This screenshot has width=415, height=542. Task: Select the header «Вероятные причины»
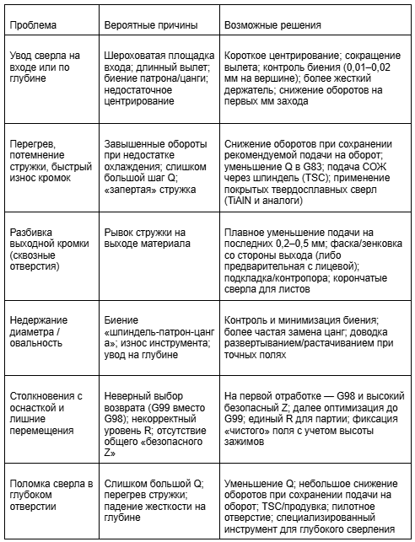(x=144, y=24)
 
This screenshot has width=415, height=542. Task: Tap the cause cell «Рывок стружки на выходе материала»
(x=144, y=239)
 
